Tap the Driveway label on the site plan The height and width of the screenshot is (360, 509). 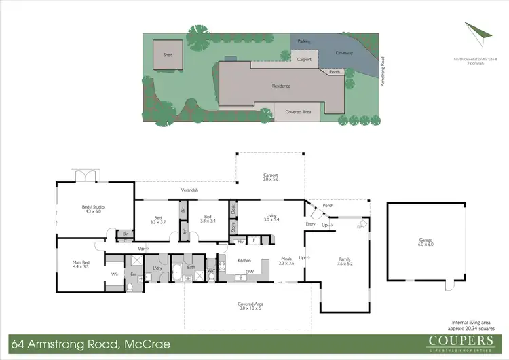(345, 52)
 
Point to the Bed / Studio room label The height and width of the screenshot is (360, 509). (93, 209)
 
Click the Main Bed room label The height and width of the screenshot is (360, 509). (81, 264)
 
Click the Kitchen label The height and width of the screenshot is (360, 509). (244, 260)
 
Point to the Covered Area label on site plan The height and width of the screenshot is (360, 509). (299, 111)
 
